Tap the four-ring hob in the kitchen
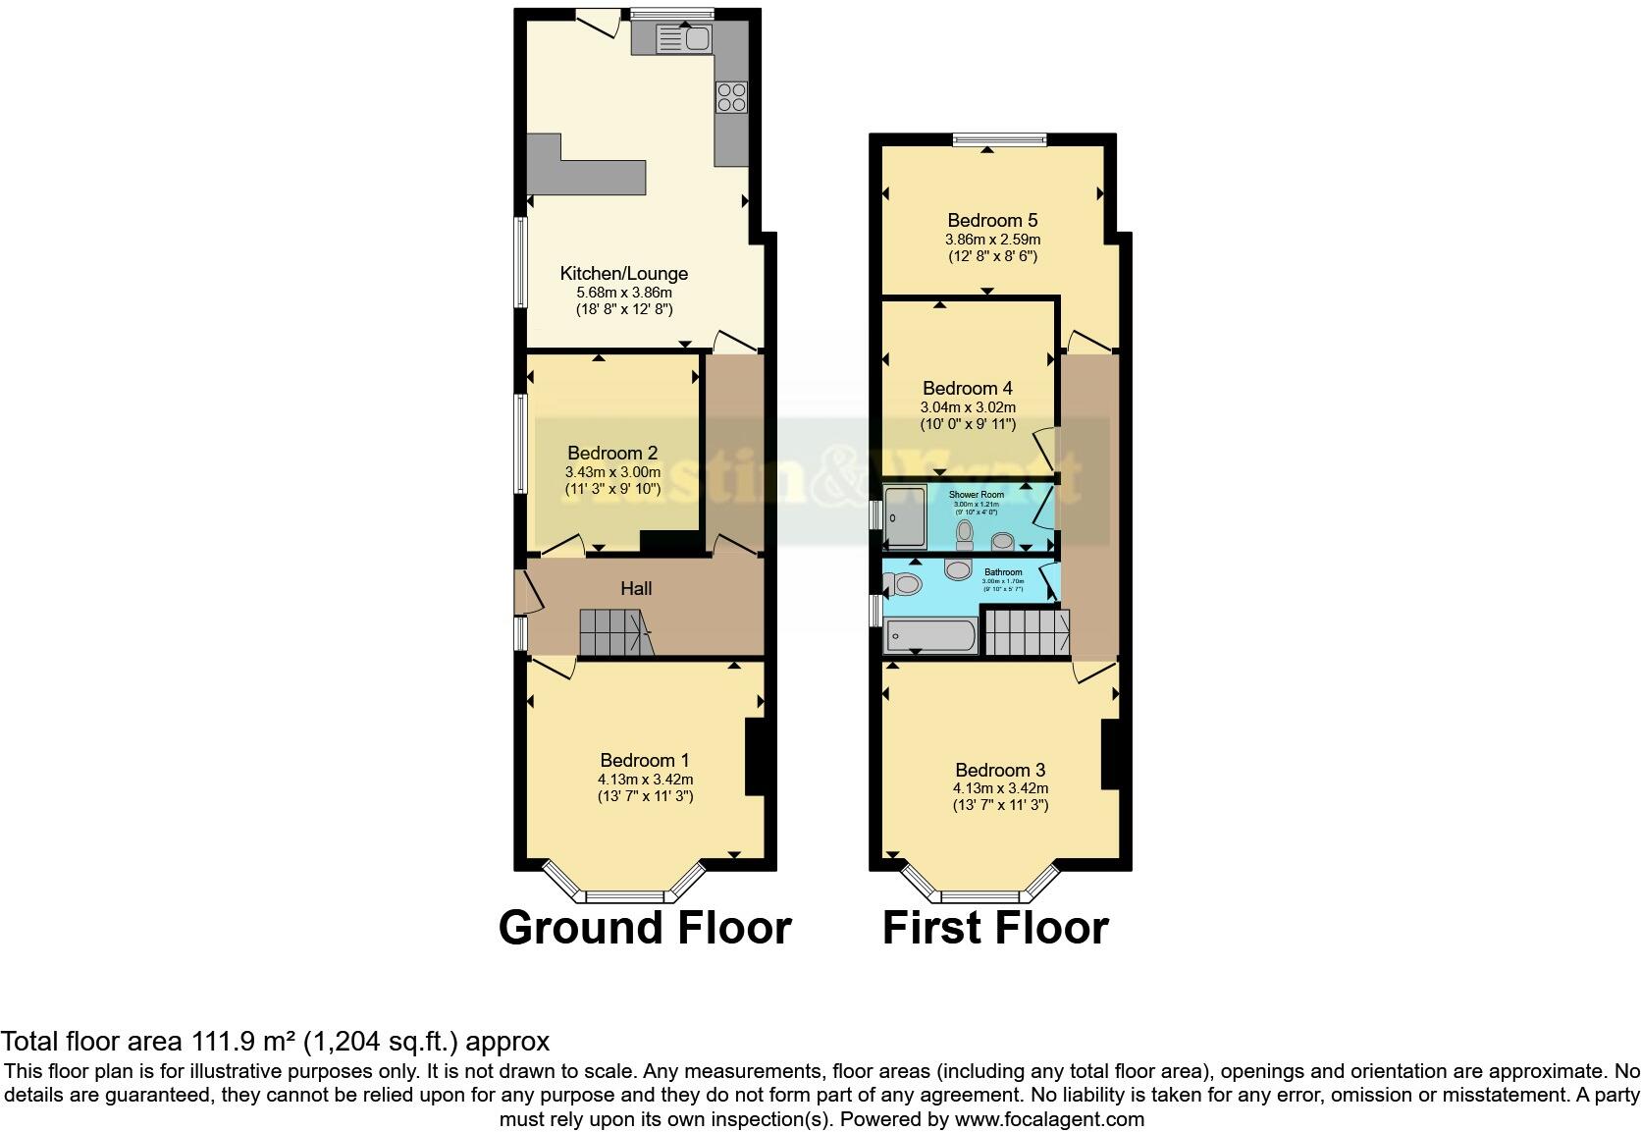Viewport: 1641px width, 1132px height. click(731, 96)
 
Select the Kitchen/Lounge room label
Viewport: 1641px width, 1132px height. click(623, 274)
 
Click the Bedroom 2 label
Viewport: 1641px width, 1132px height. click(612, 453)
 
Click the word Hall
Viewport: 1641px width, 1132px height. click(636, 588)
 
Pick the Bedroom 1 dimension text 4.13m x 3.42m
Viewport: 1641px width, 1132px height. click(645, 779)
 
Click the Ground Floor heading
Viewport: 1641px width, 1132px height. click(645, 928)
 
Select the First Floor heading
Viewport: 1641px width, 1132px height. click(995, 928)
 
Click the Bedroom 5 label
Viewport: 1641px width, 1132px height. click(992, 220)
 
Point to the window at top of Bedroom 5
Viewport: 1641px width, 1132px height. click(999, 139)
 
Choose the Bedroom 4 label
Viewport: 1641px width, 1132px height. click(967, 388)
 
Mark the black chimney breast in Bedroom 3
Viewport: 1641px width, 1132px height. click(1110, 754)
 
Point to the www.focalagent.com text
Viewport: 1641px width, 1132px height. click(1048, 1118)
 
